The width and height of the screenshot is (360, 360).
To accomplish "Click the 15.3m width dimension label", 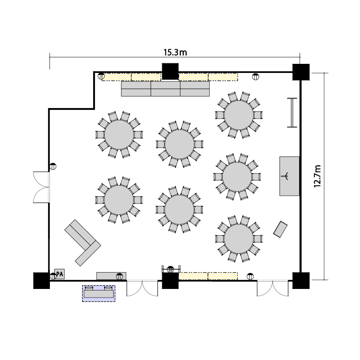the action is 175,52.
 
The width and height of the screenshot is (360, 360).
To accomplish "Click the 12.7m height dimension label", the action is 317,176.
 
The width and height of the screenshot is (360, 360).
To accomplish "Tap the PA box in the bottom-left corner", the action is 60,274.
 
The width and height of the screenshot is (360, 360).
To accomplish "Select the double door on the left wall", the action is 41,187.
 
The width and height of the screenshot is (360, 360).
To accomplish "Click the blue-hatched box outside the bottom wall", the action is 99,293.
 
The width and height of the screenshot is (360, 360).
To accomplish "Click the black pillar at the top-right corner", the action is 301,72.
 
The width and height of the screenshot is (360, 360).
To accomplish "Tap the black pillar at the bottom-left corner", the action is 42,281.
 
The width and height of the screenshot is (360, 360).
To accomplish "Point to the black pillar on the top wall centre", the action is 170,72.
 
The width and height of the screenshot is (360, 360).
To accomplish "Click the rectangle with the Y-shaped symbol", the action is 289,176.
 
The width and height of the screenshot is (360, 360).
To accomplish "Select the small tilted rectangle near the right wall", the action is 280,229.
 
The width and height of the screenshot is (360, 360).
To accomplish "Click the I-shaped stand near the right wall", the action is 292,112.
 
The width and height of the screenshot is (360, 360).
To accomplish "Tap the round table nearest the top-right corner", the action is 239,115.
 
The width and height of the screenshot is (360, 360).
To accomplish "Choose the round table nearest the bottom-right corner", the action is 239,239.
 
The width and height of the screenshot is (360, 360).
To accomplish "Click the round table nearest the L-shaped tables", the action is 119,200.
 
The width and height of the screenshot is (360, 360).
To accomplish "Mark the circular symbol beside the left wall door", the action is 53,166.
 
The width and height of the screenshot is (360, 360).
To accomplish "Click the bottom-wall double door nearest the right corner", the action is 273,288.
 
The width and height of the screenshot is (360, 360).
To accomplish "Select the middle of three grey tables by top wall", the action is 166,89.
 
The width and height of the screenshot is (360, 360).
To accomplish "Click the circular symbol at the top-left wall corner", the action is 101,76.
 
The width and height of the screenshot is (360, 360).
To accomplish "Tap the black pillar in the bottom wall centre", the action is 170,281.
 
